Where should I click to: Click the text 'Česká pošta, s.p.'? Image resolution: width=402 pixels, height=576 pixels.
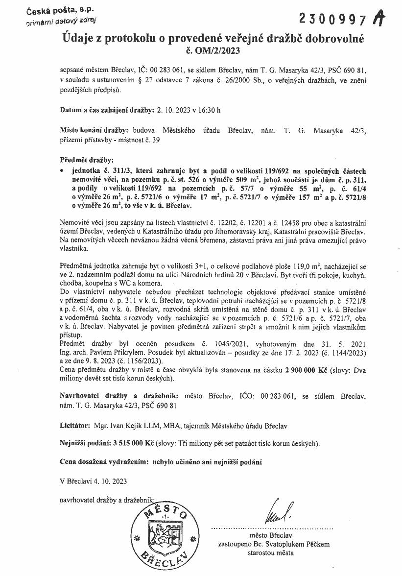click(x=54, y=10)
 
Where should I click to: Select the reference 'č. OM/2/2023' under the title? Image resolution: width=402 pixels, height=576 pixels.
click(x=213, y=49)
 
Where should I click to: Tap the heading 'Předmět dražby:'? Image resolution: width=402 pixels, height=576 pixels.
click(x=86, y=160)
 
